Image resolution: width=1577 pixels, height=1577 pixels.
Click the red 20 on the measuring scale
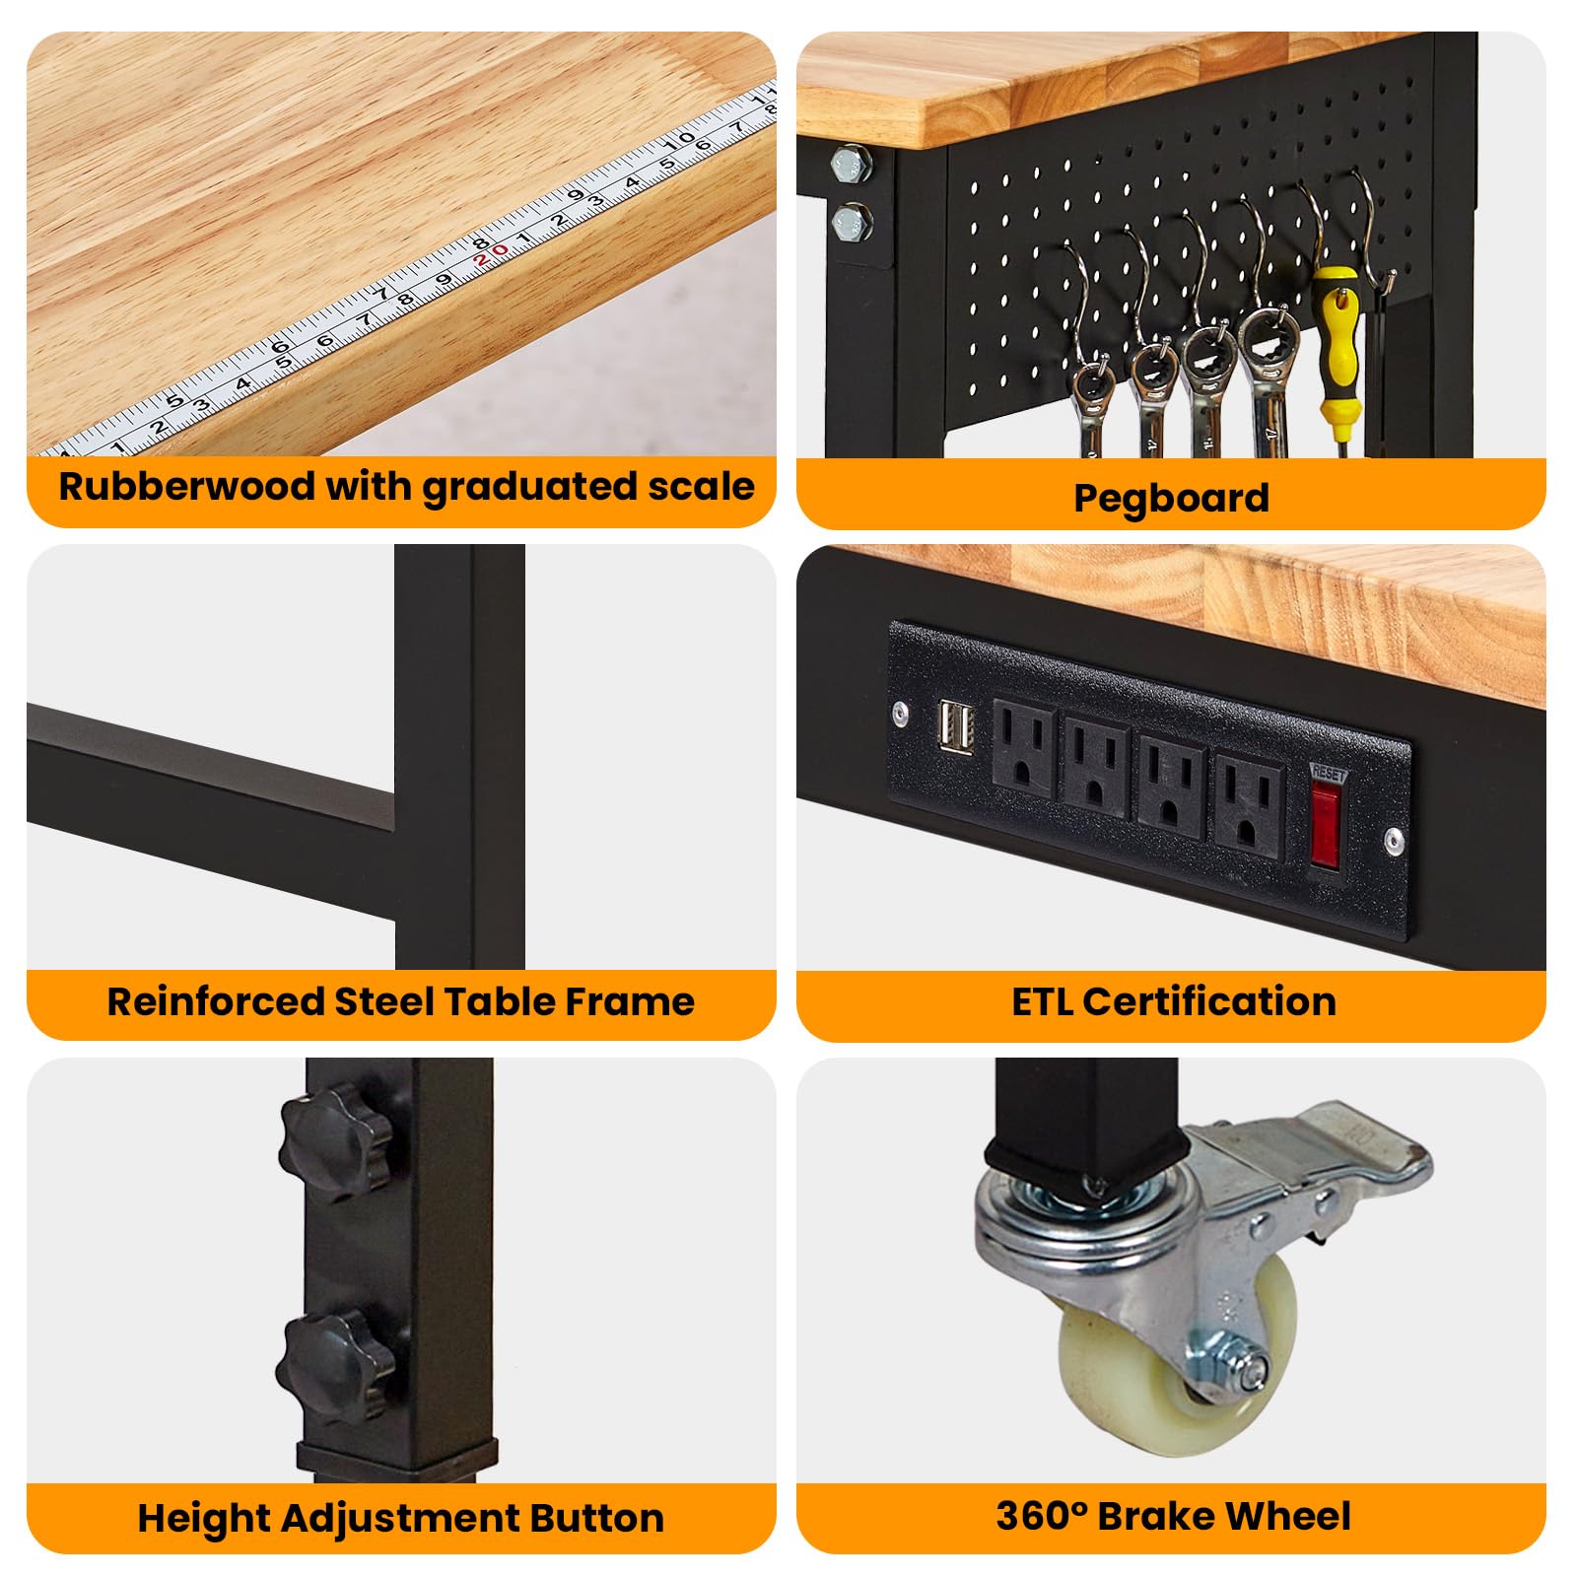click(491, 255)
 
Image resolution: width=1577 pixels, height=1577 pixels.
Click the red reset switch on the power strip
click(1326, 823)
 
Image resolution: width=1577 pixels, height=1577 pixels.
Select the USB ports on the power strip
click(955, 728)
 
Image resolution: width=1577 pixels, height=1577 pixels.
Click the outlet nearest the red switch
click(1248, 803)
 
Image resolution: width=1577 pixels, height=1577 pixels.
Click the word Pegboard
click(1171, 498)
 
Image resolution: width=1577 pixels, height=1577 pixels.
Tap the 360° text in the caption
click(1041, 1516)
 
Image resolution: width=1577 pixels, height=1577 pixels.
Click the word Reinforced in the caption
click(216, 1001)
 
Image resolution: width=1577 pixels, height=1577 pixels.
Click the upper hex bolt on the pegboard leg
click(851, 164)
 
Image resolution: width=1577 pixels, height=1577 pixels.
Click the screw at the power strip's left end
click(900, 713)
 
